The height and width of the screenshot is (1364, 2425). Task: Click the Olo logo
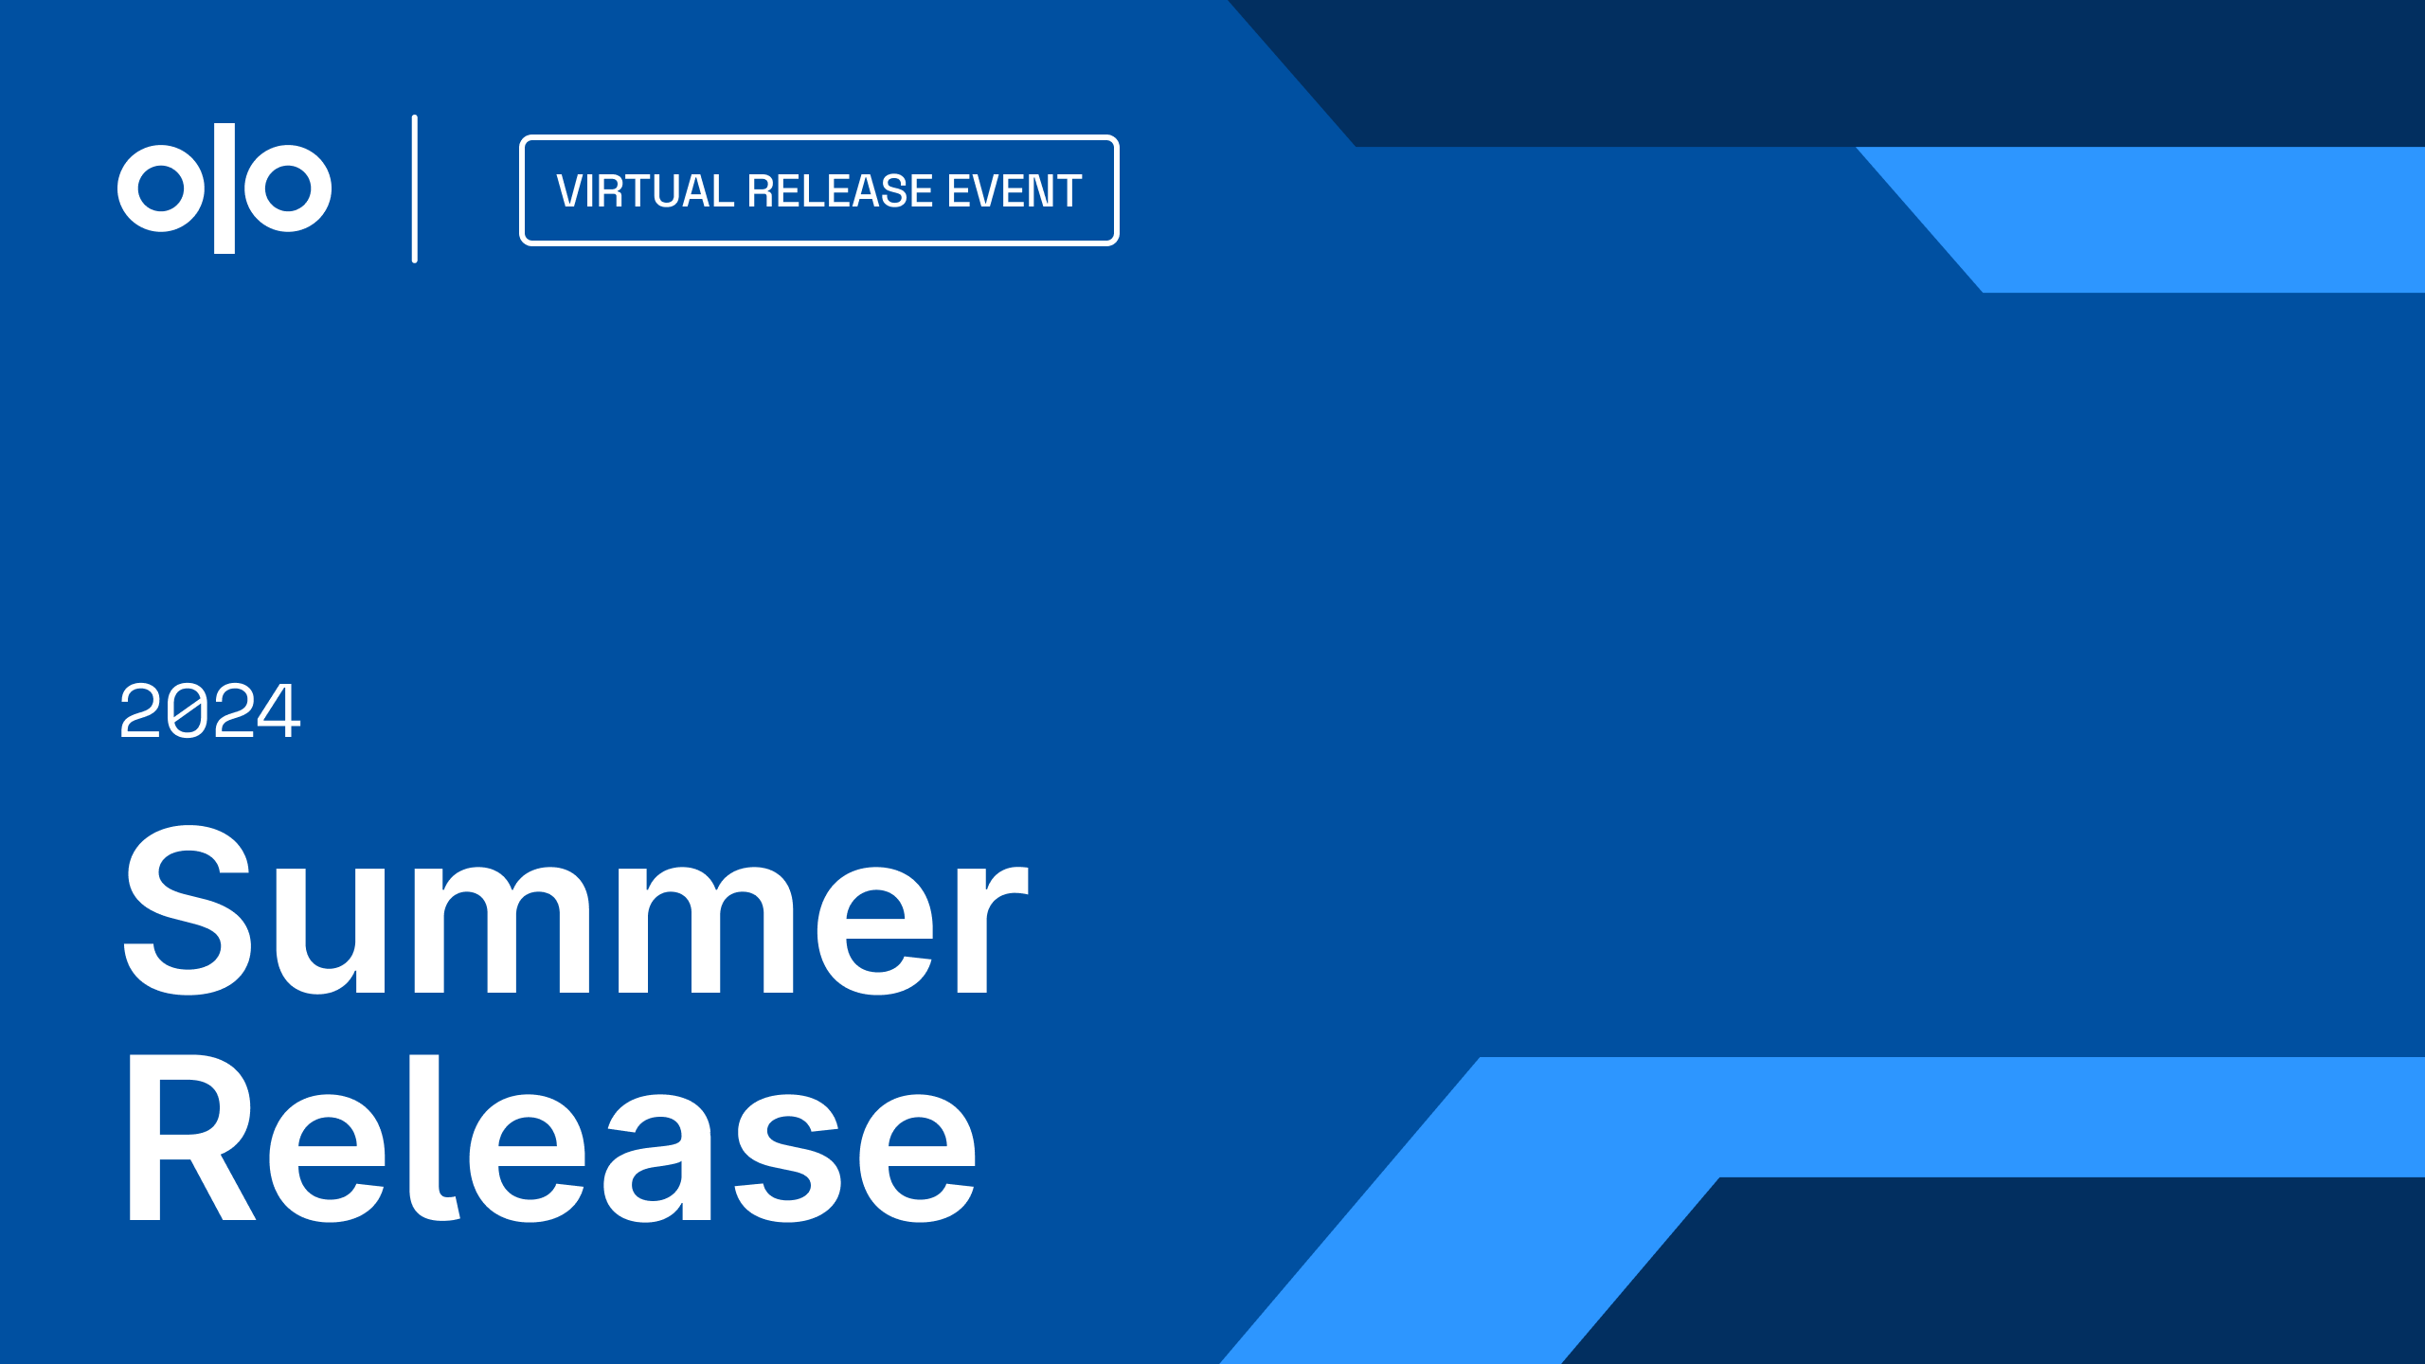(225, 188)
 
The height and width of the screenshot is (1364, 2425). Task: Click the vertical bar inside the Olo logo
(225, 188)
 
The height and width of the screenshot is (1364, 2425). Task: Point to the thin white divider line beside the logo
(415, 188)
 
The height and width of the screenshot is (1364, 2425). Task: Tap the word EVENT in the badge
(1015, 191)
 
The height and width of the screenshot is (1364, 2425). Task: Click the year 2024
(210, 710)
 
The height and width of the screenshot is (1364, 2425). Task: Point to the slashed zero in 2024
(187, 710)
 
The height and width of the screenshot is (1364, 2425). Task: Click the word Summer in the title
(576, 910)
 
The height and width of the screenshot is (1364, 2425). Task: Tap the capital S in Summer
(189, 910)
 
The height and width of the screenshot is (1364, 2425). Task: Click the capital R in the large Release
(192, 1137)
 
